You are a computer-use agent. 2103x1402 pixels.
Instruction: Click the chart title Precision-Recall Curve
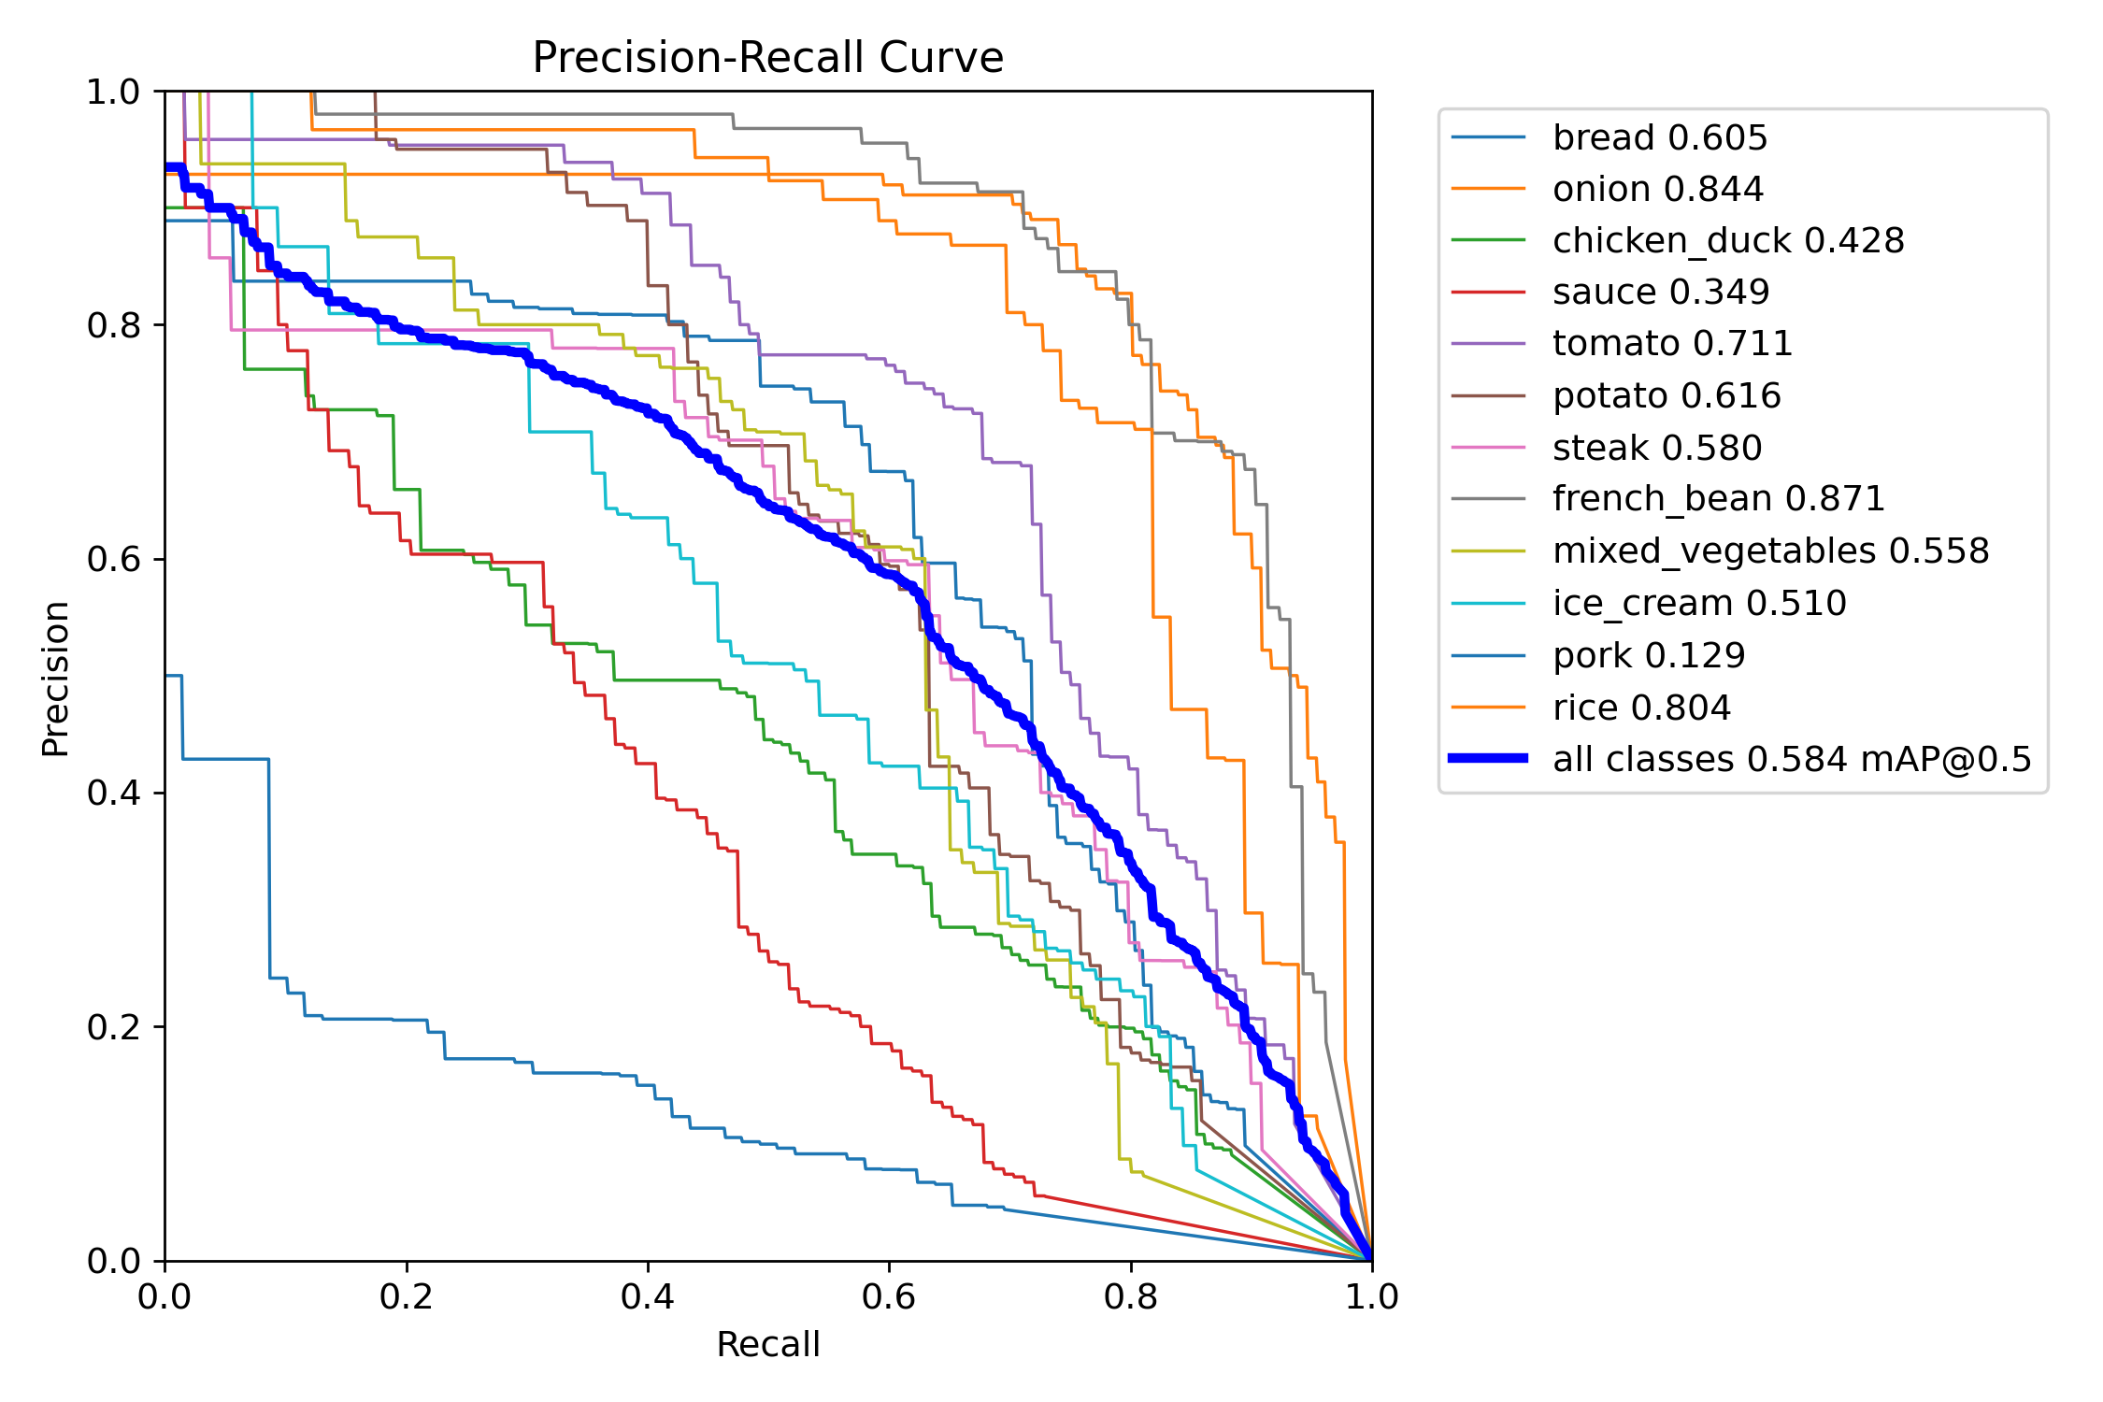coord(767,58)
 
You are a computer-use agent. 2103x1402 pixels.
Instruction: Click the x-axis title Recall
coord(767,1344)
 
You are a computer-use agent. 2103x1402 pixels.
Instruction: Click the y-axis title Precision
coord(56,678)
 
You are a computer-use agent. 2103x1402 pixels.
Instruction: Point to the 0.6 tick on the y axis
coord(113,559)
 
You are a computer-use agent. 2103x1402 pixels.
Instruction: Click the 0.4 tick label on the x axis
coord(647,1296)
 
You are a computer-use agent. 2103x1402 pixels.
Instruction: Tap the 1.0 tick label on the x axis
coord(1371,1296)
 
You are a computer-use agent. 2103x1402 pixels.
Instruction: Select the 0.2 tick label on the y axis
coord(113,1026)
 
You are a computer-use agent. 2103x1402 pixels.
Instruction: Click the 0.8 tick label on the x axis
coord(1130,1296)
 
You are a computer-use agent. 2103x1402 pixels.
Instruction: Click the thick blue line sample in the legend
coord(1488,758)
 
